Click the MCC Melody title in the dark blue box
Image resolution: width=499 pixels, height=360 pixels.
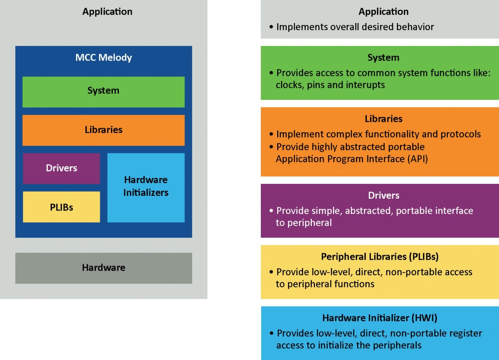pyautogui.click(x=103, y=58)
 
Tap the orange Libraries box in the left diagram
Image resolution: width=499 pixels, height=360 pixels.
pyautogui.click(x=103, y=130)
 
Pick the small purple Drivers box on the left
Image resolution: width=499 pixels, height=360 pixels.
pyautogui.click(x=61, y=168)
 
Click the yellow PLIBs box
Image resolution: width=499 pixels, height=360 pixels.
pyautogui.click(x=61, y=207)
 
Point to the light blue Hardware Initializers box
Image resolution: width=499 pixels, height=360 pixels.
pyautogui.click(x=146, y=187)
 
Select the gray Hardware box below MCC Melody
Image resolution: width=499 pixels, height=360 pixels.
pyautogui.click(x=103, y=268)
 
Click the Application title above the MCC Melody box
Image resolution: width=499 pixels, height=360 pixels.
pyautogui.click(x=107, y=12)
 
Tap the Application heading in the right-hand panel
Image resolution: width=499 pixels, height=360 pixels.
pyautogui.click(x=383, y=12)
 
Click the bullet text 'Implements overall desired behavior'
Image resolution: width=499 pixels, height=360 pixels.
pyautogui.click(x=355, y=27)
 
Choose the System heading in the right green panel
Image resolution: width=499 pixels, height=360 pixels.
pyautogui.click(x=383, y=58)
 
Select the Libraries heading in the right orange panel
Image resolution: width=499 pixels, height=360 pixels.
pyautogui.click(x=383, y=119)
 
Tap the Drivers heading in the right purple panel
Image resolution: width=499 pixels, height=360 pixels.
pyautogui.click(x=383, y=195)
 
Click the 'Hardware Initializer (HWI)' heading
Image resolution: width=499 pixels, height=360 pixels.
pyautogui.click(x=380, y=318)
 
